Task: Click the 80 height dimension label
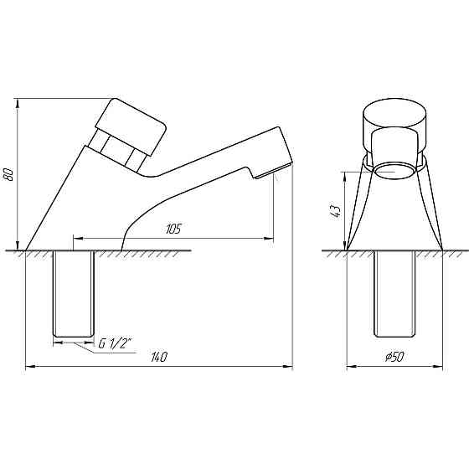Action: tap(8, 174)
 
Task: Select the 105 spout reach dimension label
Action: tap(173, 229)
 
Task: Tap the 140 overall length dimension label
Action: tap(159, 357)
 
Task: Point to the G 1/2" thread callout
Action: tap(116, 344)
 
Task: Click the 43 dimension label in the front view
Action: tap(336, 211)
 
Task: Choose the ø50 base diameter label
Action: tap(394, 357)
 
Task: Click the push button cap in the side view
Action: tap(131, 126)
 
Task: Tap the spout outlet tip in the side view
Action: tap(274, 172)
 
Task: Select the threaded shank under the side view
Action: tap(74, 294)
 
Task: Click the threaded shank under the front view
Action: tap(394, 294)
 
